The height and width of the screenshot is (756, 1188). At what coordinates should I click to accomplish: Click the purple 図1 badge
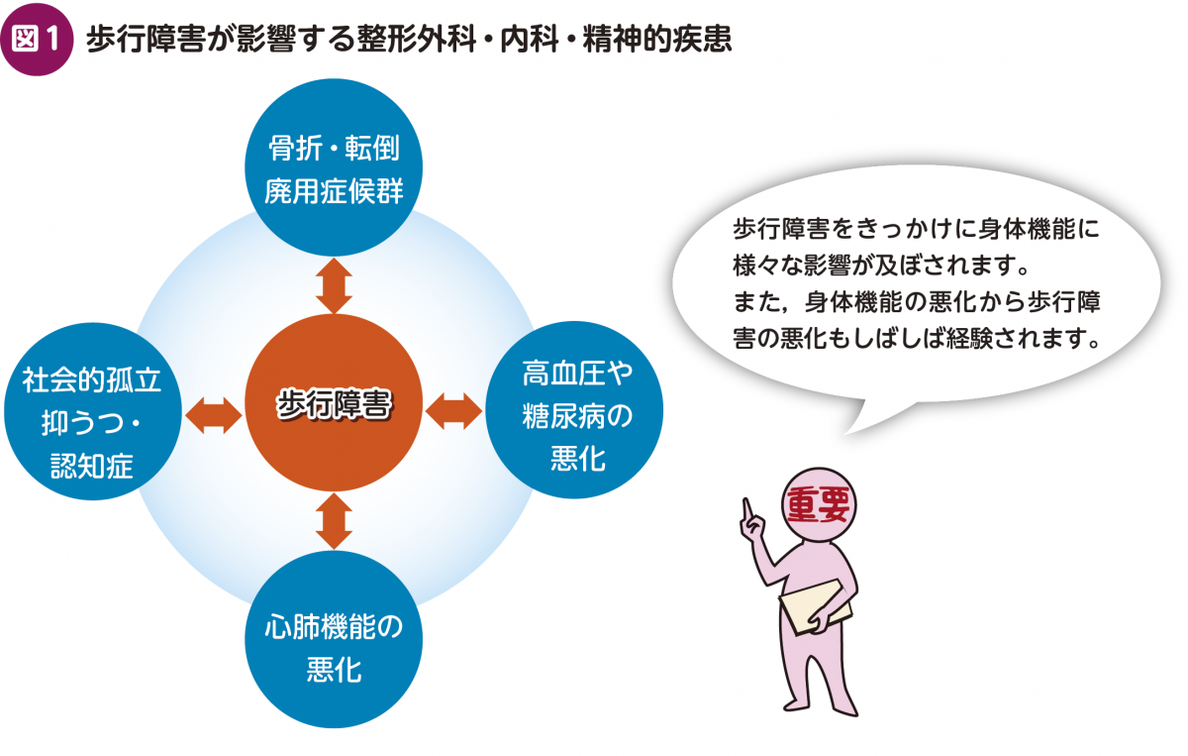[x=37, y=40]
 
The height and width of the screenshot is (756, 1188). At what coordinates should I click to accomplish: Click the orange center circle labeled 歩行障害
[x=334, y=402]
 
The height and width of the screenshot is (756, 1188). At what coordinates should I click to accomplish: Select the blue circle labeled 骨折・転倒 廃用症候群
[x=334, y=167]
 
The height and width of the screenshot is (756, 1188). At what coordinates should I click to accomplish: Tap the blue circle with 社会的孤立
[x=93, y=411]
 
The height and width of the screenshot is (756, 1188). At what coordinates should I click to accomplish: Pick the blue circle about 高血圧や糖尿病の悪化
[x=574, y=410]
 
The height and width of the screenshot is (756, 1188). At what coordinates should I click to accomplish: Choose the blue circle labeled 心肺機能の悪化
[x=334, y=639]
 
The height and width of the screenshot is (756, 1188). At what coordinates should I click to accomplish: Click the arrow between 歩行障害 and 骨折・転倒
[x=334, y=285]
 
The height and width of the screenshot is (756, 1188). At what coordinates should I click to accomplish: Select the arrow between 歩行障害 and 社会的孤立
[x=214, y=415]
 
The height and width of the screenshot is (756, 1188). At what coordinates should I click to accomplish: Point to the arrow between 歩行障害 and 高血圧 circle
[x=454, y=411]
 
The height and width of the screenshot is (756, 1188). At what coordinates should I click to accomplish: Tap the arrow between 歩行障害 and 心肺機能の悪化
[x=334, y=521]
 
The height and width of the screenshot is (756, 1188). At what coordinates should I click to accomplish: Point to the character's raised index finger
[x=747, y=510]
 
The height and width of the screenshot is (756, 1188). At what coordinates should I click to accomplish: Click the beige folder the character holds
[x=816, y=606]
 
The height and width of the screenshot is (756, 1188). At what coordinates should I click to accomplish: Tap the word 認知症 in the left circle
[x=92, y=466]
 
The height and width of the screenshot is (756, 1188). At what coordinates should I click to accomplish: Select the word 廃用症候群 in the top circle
[x=334, y=191]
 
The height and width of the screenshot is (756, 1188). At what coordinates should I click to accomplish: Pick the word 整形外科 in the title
[x=417, y=40]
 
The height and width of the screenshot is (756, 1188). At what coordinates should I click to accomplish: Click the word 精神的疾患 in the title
[x=657, y=40]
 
